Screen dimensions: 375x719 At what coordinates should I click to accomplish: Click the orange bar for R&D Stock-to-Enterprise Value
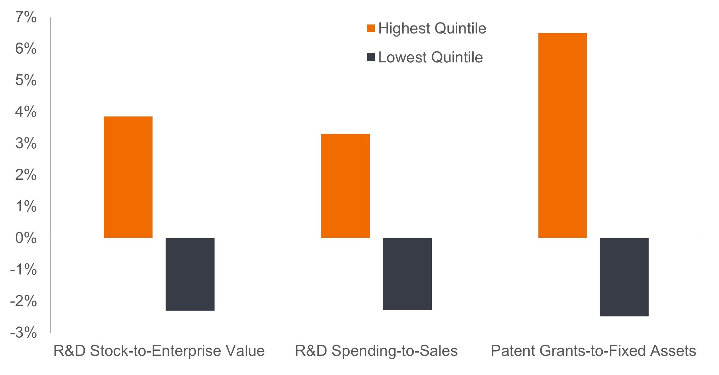click(128, 177)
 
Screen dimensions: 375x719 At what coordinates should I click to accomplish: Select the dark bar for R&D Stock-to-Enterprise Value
click(190, 274)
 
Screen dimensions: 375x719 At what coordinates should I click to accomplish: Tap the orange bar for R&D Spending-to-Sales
click(345, 186)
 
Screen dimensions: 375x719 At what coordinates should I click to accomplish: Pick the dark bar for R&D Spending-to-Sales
click(407, 274)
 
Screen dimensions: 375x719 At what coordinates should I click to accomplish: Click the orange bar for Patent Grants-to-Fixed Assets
click(562, 136)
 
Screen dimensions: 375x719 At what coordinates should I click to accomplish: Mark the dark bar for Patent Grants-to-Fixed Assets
click(624, 277)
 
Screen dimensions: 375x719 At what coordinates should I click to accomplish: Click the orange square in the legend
click(371, 29)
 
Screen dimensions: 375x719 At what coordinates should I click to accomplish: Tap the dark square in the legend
click(371, 57)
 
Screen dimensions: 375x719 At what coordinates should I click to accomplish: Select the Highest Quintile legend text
click(432, 29)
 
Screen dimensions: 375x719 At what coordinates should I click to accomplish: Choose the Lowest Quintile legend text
click(430, 57)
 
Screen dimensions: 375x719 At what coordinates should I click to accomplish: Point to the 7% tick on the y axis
click(26, 17)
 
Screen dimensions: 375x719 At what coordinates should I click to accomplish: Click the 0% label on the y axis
click(26, 238)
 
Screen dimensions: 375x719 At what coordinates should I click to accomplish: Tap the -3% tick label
click(23, 333)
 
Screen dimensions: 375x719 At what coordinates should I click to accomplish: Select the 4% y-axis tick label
click(26, 112)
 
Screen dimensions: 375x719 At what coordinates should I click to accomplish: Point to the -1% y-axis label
click(23, 270)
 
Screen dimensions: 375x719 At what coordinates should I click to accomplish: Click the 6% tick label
click(26, 49)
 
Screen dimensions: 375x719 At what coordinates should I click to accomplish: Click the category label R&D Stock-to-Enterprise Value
click(159, 351)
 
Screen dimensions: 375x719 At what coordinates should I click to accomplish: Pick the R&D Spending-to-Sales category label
click(376, 351)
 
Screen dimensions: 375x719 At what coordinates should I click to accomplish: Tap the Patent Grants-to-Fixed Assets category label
click(593, 351)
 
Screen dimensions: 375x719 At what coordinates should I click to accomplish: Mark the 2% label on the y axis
click(26, 175)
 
